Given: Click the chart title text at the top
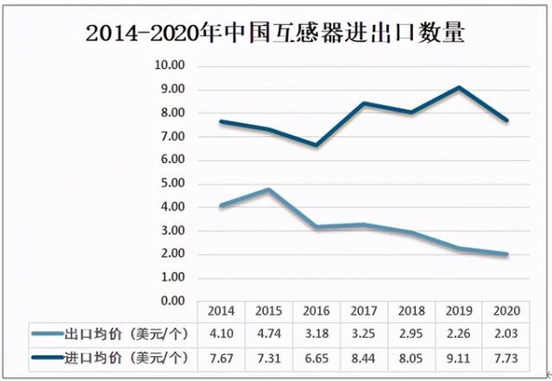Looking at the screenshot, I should click(275, 35).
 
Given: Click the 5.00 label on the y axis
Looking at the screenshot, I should click(172, 184).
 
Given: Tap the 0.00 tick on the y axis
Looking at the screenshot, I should click(172, 301).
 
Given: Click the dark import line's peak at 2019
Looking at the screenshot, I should click(459, 87).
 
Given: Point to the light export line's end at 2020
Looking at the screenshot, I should click(507, 254).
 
